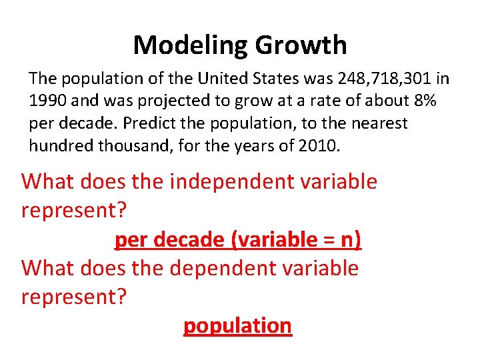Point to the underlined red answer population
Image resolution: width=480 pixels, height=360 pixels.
click(x=237, y=325)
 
